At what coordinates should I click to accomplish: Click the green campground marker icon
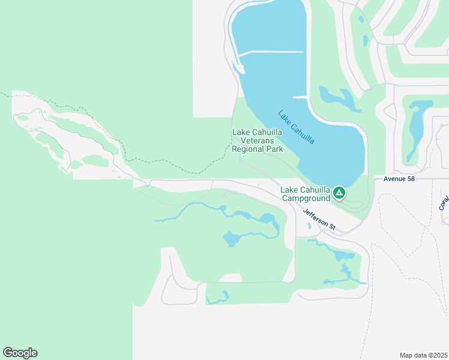[339, 193]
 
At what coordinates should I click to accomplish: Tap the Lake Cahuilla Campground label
[306, 194]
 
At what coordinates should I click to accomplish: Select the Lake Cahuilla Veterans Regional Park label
[258, 140]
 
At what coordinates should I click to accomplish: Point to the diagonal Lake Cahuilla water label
[297, 127]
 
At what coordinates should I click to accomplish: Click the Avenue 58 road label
[394, 179]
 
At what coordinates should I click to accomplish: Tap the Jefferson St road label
[319, 220]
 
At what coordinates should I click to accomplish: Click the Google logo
[20, 353]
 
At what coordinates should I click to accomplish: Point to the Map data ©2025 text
[423, 355]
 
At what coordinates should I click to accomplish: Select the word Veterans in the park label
[258, 140]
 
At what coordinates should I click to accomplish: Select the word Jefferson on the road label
[316, 218]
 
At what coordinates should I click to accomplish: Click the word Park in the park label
[274, 149]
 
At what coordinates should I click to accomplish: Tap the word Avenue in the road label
[389, 179]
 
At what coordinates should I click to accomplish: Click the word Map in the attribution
[406, 355]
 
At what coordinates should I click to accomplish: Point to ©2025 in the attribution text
[436, 355]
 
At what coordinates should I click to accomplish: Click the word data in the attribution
[420, 355]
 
